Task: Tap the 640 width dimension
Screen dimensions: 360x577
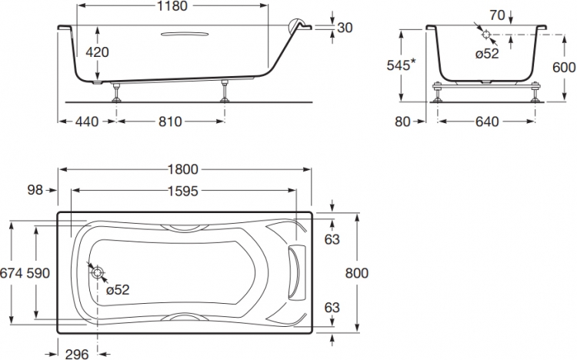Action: pos(486,122)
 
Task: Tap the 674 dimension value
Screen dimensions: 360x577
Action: pos(13,273)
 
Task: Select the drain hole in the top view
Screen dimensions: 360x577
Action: pos(98,272)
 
